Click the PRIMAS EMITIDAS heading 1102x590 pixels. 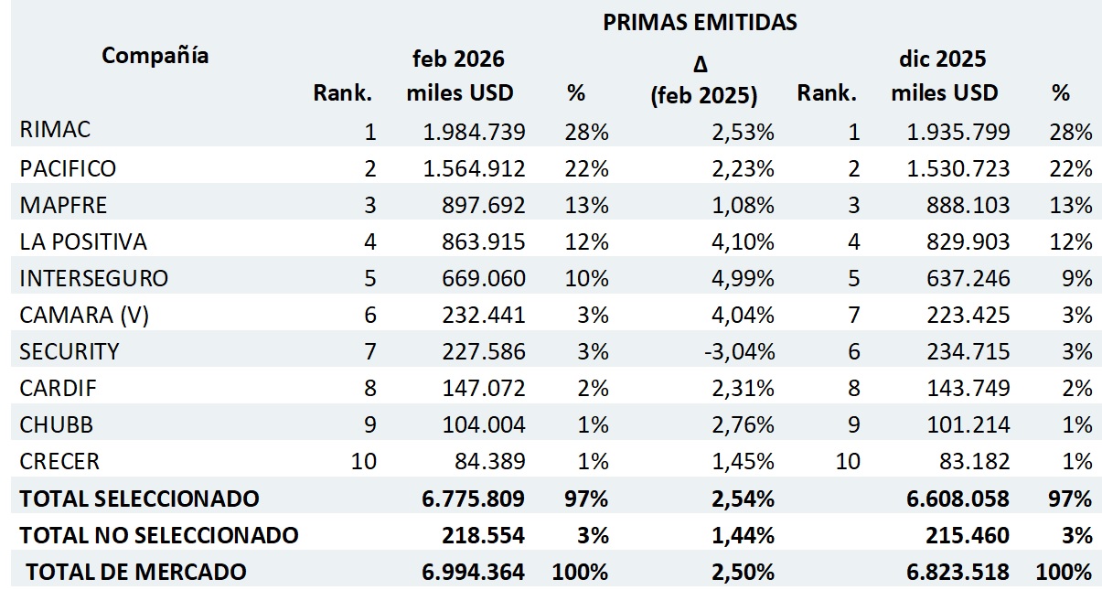pyautogui.click(x=700, y=23)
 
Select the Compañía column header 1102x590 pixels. pyautogui.click(x=155, y=56)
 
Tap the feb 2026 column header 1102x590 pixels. pyautogui.click(x=459, y=59)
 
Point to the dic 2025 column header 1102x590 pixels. pyautogui.click(x=943, y=59)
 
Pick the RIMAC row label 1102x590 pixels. pyautogui.click(x=55, y=131)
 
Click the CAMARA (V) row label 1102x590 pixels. pyautogui.click(x=83, y=315)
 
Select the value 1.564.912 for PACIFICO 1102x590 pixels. pyautogui.click(x=474, y=168)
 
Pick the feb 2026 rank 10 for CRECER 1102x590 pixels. pyautogui.click(x=363, y=461)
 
